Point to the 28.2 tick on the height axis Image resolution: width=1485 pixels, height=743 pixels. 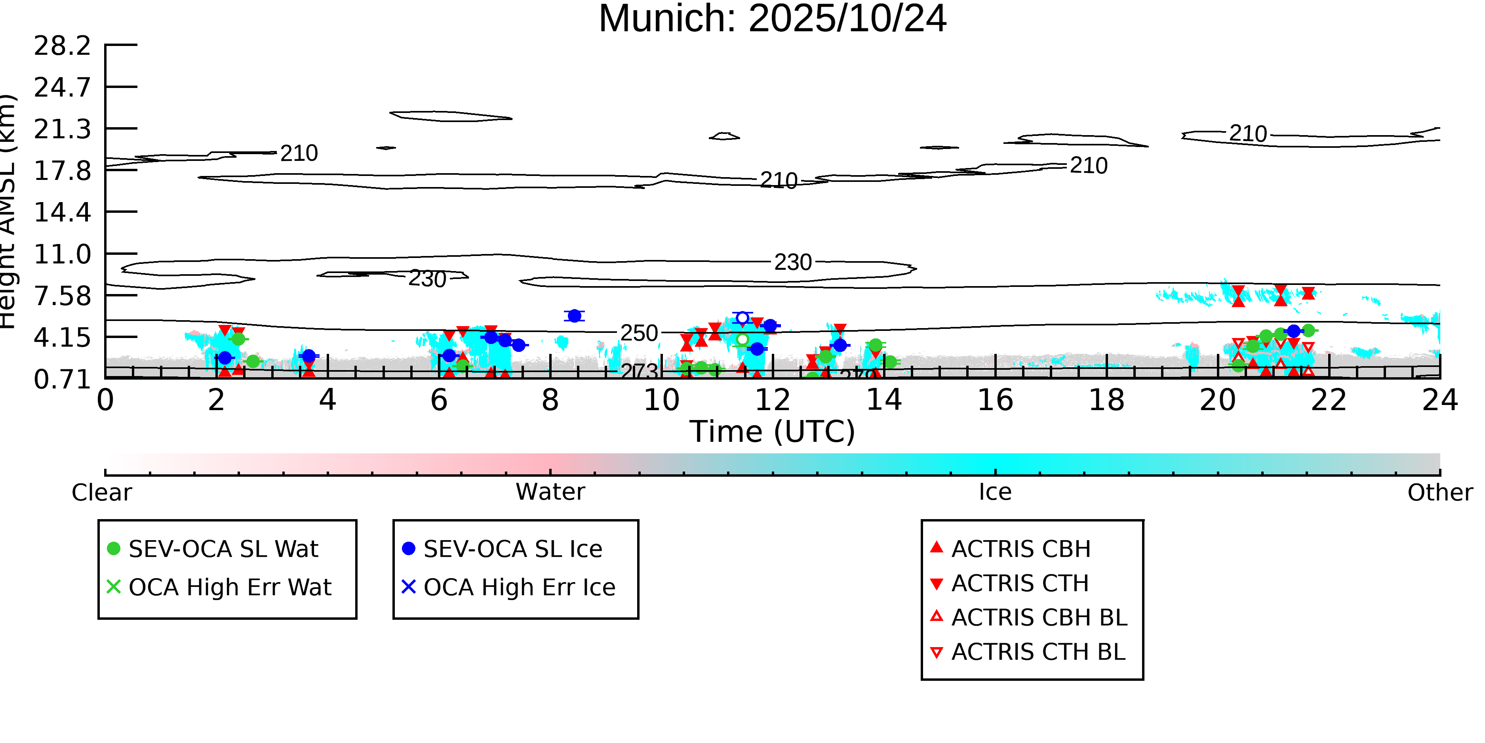pos(62,46)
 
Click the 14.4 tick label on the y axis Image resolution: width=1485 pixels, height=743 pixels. pos(62,212)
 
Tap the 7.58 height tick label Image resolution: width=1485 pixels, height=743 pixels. pos(62,296)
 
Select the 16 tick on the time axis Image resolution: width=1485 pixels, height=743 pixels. pos(995,400)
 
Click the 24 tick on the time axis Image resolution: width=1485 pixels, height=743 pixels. pos(1439,400)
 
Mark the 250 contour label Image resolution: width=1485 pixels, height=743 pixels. pos(639,333)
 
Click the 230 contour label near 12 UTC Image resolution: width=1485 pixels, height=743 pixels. pos(793,262)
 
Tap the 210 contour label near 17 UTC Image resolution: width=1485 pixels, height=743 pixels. pos(1088,166)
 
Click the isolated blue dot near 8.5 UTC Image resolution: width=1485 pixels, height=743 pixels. pos(574,315)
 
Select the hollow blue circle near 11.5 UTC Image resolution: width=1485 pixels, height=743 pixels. pos(742,318)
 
